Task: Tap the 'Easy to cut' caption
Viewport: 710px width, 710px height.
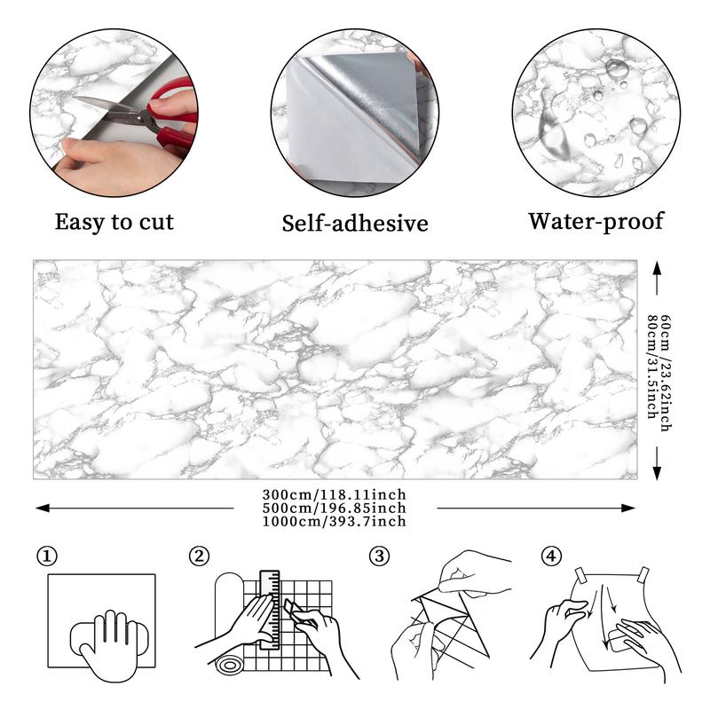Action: [114, 221]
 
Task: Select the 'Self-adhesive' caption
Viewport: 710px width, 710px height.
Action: [355, 222]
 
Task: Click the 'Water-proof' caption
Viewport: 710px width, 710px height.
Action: [596, 220]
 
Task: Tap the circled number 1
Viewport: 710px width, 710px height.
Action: [47, 556]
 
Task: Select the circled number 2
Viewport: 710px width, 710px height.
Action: [200, 556]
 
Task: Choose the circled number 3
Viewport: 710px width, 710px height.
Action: [380, 556]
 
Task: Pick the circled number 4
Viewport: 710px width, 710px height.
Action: [552, 556]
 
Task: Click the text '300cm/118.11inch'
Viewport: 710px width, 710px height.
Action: [335, 494]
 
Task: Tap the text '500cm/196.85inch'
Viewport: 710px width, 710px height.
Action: [335, 508]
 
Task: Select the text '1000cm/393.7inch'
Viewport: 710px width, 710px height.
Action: [335, 521]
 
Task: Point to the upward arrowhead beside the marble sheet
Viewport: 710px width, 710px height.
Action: [657, 267]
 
